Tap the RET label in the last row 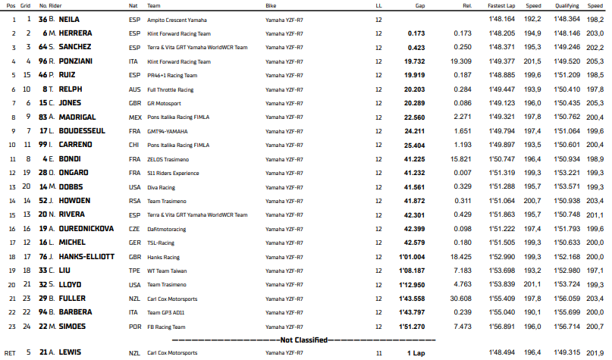pyautogui.click(x=10, y=353)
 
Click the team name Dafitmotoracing pyautogui.click(x=168, y=228)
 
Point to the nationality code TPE pyautogui.click(x=134, y=270)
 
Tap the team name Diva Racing pyautogui.click(x=161, y=186)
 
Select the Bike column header pyautogui.click(x=271, y=5)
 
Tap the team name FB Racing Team pyautogui.click(x=166, y=326)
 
